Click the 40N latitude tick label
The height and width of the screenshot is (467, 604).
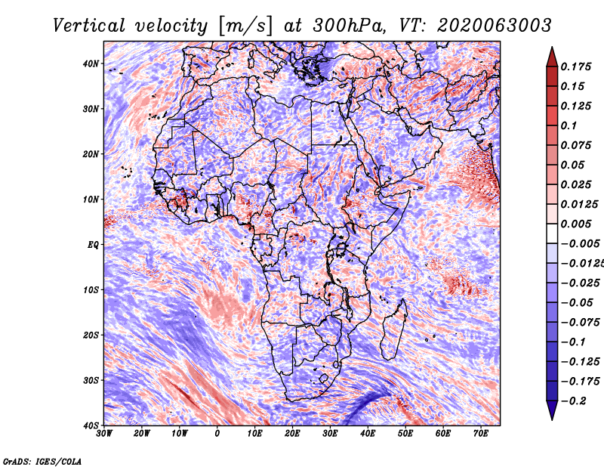91,63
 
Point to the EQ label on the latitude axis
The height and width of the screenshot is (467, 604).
93,245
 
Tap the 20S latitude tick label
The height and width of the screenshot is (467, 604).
91,335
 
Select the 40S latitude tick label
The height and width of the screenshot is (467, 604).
91,425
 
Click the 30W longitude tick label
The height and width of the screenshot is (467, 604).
104,434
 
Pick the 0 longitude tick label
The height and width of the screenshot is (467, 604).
217,434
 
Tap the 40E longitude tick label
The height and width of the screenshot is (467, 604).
368,434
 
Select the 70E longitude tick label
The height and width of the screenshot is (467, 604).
481,434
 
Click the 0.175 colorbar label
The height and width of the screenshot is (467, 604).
576,66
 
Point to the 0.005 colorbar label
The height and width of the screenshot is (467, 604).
576,224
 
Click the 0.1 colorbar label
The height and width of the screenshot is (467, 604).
569,125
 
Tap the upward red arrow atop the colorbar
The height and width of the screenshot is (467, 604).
552,57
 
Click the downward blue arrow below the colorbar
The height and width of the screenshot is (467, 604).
552,410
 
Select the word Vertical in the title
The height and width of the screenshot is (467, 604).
89,26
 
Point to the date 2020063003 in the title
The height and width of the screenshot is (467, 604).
495,26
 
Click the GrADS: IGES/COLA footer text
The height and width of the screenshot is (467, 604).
42,461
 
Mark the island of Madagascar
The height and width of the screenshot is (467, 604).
393,329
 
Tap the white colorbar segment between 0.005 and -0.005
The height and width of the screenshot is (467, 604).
552,233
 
